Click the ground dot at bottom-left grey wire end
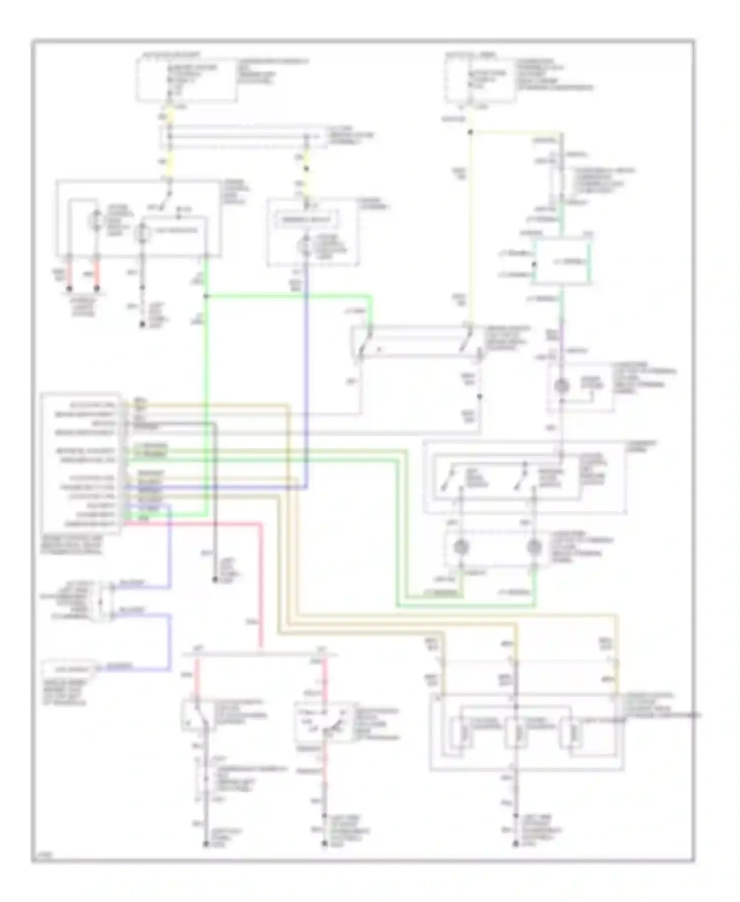point(206,844)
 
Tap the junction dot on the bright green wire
point(206,296)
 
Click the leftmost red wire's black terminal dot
point(70,288)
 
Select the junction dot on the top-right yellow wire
point(470,132)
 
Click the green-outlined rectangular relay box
point(561,262)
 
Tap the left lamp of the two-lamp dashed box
point(461,547)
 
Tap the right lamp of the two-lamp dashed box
point(534,547)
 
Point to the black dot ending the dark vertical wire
point(215,580)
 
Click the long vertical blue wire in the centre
point(306,375)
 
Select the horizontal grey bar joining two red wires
point(260,654)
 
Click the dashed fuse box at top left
point(186,80)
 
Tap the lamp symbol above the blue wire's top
point(305,246)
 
